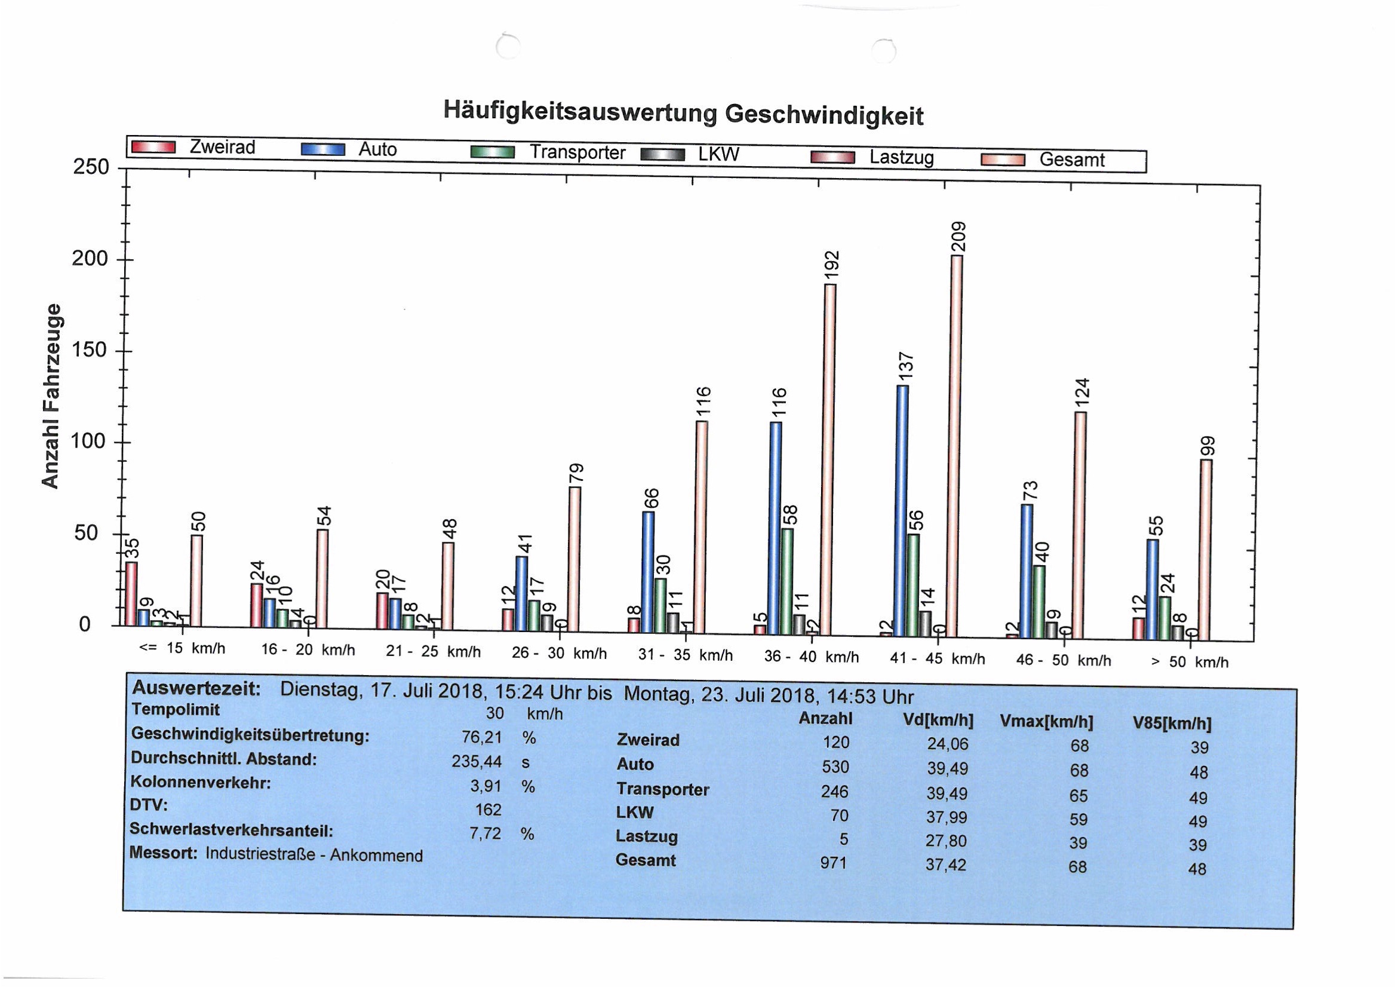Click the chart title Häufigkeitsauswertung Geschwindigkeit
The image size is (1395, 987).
pos(683,113)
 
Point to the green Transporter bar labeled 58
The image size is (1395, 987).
pos(787,581)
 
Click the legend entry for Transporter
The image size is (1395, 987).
pos(577,152)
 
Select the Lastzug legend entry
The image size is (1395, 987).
pos(901,157)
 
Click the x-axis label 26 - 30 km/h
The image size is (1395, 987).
pos(559,654)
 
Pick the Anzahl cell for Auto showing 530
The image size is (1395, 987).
pos(835,767)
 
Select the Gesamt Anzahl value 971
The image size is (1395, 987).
pos(833,862)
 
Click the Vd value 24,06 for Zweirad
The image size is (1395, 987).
pos(947,744)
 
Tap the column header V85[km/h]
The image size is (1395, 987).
pos(1172,724)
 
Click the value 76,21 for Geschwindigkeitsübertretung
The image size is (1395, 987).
pos(482,737)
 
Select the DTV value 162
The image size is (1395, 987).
pos(488,810)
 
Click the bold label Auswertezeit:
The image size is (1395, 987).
pos(196,689)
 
